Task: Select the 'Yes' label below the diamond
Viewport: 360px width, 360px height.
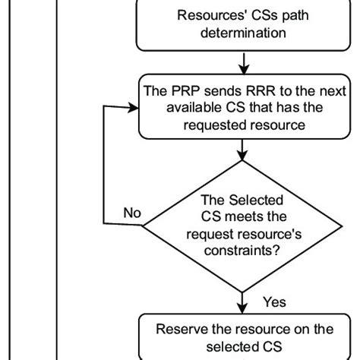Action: tap(274, 302)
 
